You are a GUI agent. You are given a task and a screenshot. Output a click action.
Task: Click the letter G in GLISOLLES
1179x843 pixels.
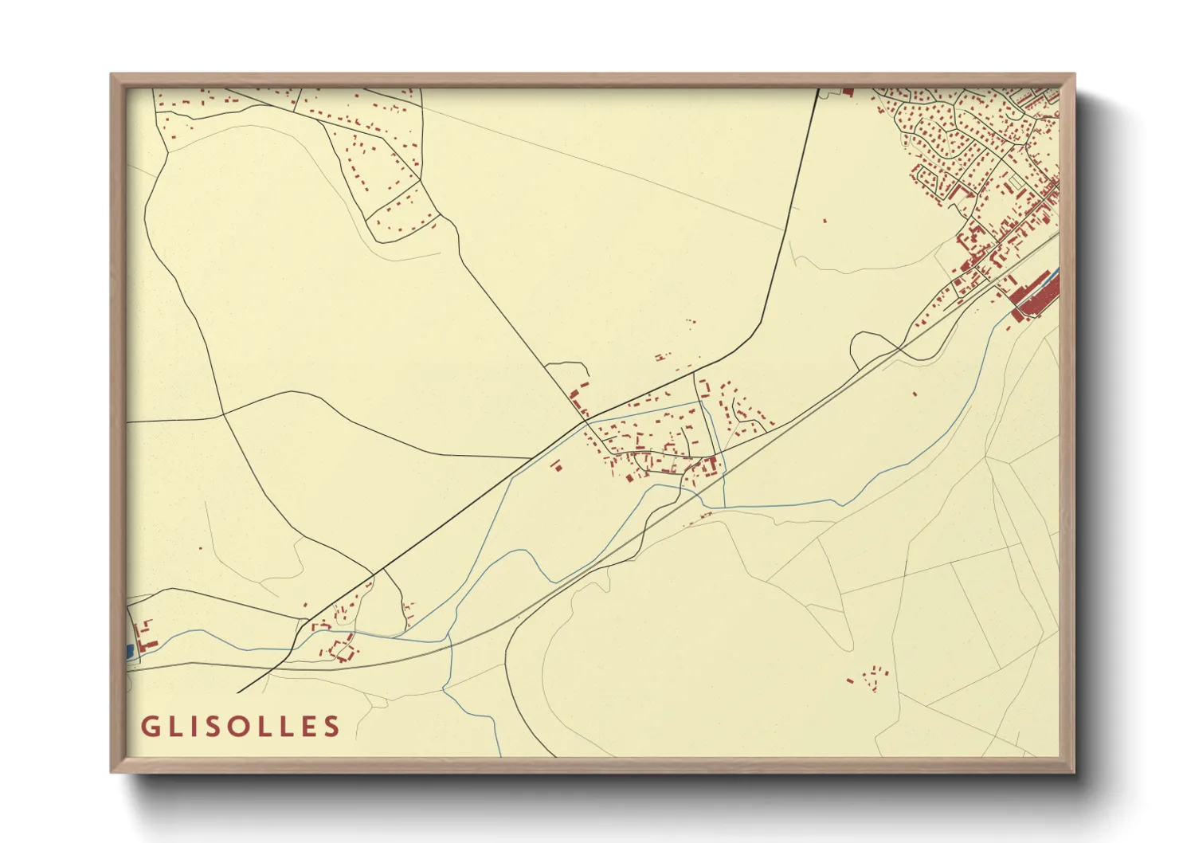[149, 727]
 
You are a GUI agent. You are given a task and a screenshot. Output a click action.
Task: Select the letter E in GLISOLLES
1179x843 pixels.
[307, 727]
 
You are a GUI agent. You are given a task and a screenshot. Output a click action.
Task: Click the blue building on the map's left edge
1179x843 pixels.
[129, 651]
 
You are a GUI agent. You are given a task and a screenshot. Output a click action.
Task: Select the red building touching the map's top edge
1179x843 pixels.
[848, 92]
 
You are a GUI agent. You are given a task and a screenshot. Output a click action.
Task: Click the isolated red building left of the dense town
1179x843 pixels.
[825, 220]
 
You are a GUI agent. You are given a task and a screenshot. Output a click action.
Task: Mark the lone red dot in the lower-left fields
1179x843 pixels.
[201, 548]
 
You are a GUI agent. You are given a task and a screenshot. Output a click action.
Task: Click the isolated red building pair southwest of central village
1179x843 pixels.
[556, 466]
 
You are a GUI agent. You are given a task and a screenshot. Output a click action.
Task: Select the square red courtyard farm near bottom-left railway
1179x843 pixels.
[343, 649]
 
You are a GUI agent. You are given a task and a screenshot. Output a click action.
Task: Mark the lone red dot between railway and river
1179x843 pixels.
[915, 394]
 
